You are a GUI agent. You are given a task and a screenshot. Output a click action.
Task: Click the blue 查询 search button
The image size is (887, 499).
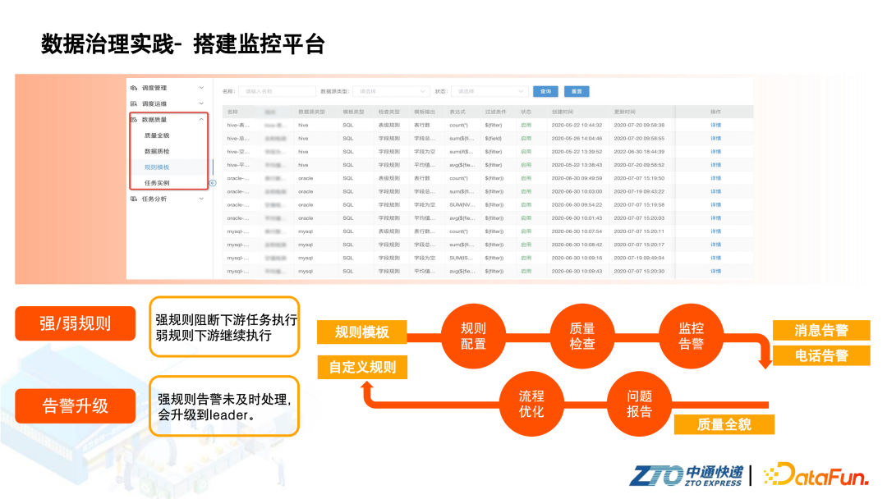546,91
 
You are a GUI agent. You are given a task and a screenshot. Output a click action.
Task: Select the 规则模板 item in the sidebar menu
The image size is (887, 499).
157,167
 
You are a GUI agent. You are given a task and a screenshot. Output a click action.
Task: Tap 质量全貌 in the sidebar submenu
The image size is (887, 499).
157,135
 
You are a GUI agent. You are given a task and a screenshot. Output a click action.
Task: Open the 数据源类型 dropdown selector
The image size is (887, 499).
392,91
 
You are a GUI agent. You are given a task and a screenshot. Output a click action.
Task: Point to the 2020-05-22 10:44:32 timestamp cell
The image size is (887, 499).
577,126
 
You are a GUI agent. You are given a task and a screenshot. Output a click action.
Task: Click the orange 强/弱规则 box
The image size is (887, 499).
75,323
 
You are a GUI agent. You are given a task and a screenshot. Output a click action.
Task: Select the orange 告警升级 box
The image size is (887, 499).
75,405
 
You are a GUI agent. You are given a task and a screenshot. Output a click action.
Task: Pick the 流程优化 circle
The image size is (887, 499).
531,403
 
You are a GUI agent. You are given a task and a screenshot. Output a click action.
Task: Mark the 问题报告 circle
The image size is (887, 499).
639,403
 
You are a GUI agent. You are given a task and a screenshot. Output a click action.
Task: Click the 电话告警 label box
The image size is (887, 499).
821,356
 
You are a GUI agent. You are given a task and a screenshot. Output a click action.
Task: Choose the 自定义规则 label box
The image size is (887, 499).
362,367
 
